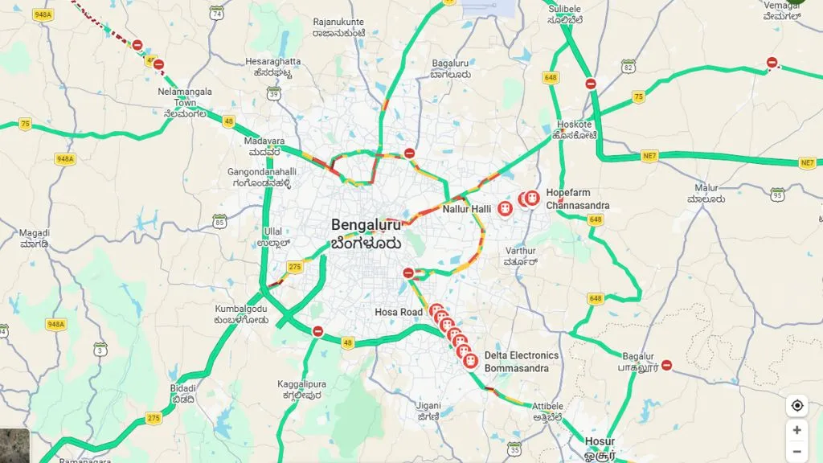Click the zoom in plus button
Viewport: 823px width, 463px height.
tap(796, 430)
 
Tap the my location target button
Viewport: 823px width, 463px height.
tap(796, 405)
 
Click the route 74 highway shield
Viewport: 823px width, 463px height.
tap(216, 12)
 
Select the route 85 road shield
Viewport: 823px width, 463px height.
tap(219, 220)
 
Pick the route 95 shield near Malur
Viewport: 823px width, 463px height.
tap(776, 195)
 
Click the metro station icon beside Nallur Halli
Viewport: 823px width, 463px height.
tap(505, 209)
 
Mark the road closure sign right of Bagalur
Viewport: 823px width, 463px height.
tap(666, 365)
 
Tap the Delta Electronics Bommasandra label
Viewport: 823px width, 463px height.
tap(521, 362)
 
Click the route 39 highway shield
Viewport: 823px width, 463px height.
tap(274, 94)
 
